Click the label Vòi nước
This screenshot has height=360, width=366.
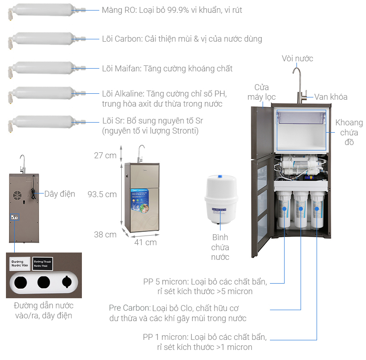[297, 59]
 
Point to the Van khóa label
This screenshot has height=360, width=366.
[330, 97]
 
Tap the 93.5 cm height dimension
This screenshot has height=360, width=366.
[102, 194]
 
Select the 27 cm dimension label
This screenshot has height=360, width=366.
[105, 156]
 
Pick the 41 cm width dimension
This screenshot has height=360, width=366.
[145, 242]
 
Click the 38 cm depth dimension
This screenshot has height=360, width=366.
[105, 235]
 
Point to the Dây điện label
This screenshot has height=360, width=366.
[59, 194]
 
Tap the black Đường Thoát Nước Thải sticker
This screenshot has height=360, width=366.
[43, 264]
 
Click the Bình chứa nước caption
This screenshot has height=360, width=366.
[220, 247]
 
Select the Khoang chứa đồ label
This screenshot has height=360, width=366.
[349, 133]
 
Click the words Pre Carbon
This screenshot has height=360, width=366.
[129, 308]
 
